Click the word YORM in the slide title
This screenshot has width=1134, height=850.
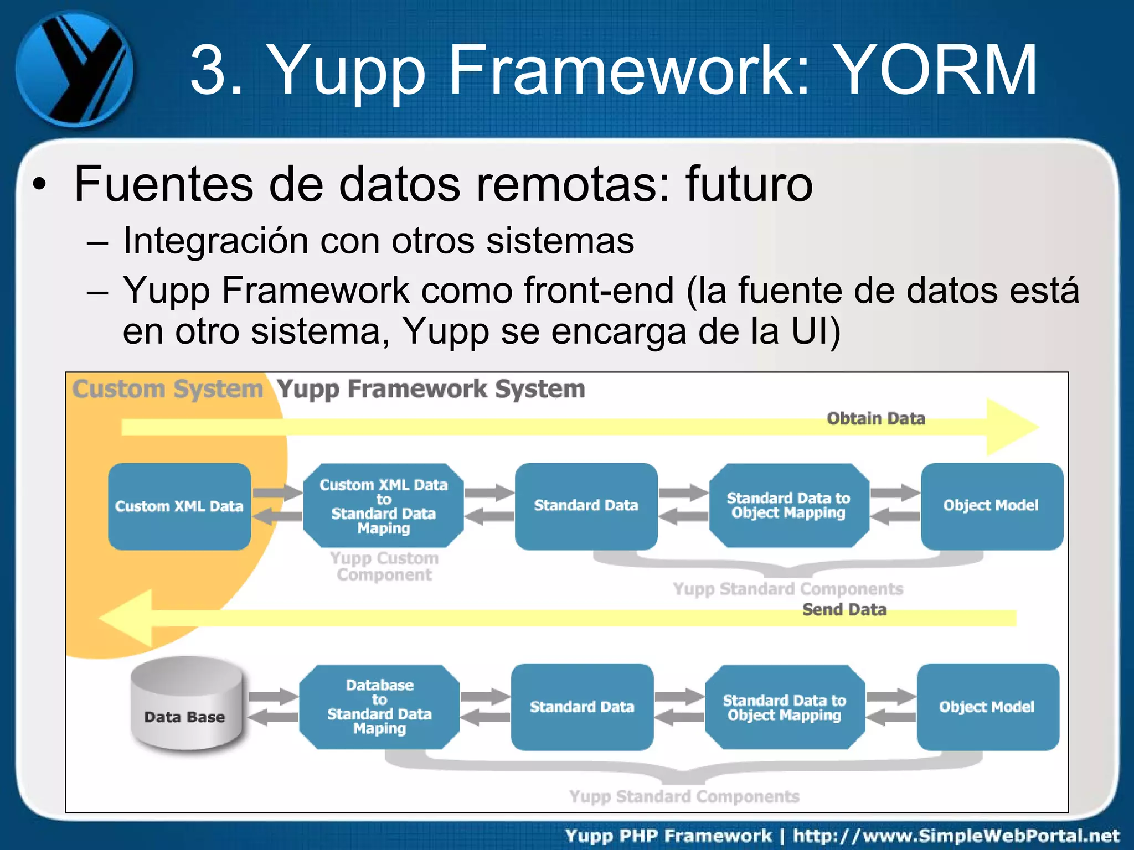(x=935, y=70)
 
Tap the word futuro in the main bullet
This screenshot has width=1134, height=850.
(x=749, y=184)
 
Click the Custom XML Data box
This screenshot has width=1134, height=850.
(x=179, y=506)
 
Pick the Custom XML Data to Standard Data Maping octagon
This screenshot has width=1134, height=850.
(x=383, y=506)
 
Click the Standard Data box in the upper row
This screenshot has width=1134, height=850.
(x=586, y=506)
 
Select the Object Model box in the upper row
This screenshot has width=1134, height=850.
(x=991, y=506)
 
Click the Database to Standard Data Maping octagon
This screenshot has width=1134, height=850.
(x=379, y=707)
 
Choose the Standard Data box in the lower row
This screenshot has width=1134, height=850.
(x=582, y=707)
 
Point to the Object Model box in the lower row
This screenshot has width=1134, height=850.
(x=987, y=707)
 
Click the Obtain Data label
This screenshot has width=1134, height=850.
(x=876, y=418)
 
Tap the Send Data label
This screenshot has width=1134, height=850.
(x=844, y=609)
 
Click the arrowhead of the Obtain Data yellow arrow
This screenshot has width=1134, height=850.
(x=1011, y=427)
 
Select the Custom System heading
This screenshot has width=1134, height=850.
(x=168, y=388)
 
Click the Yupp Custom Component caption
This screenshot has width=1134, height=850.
(x=384, y=566)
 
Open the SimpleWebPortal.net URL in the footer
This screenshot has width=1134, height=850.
(x=956, y=835)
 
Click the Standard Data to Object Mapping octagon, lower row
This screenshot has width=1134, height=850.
(x=785, y=707)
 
